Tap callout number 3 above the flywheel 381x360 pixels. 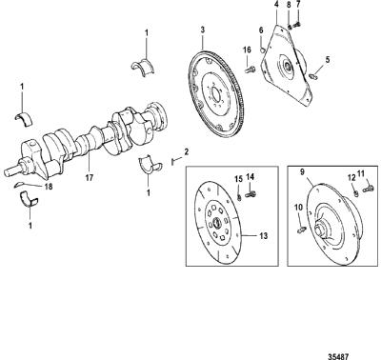point(203,30)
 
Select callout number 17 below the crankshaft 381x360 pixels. point(90,178)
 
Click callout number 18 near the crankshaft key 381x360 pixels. point(49,187)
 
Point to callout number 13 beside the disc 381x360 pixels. point(263,236)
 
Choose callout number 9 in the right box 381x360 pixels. point(302,172)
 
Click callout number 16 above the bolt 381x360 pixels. point(247,50)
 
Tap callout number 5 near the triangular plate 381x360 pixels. point(328,59)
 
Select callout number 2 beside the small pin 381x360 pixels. point(187,151)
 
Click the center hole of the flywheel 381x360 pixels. point(216,94)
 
